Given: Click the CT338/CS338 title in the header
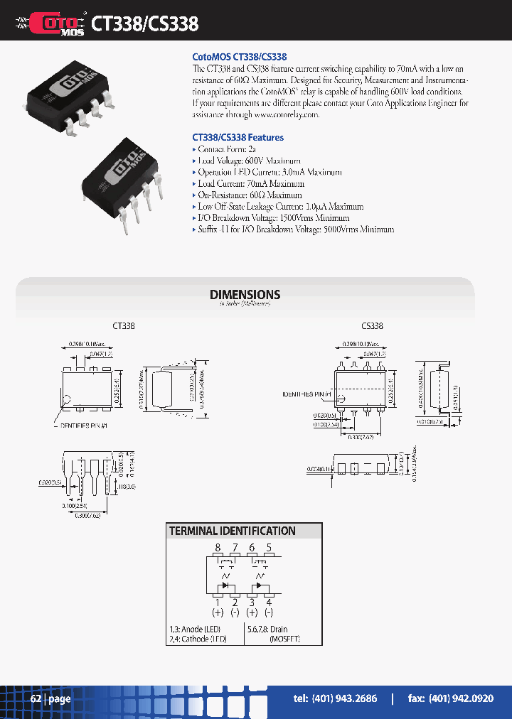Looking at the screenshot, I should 144,23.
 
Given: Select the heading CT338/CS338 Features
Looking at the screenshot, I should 238,137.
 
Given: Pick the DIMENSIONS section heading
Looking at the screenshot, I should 245,294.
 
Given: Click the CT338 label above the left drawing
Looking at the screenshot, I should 123,326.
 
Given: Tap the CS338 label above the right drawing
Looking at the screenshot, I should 372,326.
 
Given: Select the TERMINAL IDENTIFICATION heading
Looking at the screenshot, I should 232,531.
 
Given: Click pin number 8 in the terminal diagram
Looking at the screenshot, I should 218,548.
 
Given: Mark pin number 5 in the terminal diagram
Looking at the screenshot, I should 268,548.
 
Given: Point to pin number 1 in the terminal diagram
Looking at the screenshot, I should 218,602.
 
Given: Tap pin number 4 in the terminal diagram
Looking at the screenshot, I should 268,602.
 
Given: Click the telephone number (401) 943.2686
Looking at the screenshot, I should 335,699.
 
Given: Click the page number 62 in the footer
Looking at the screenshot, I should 36,699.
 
